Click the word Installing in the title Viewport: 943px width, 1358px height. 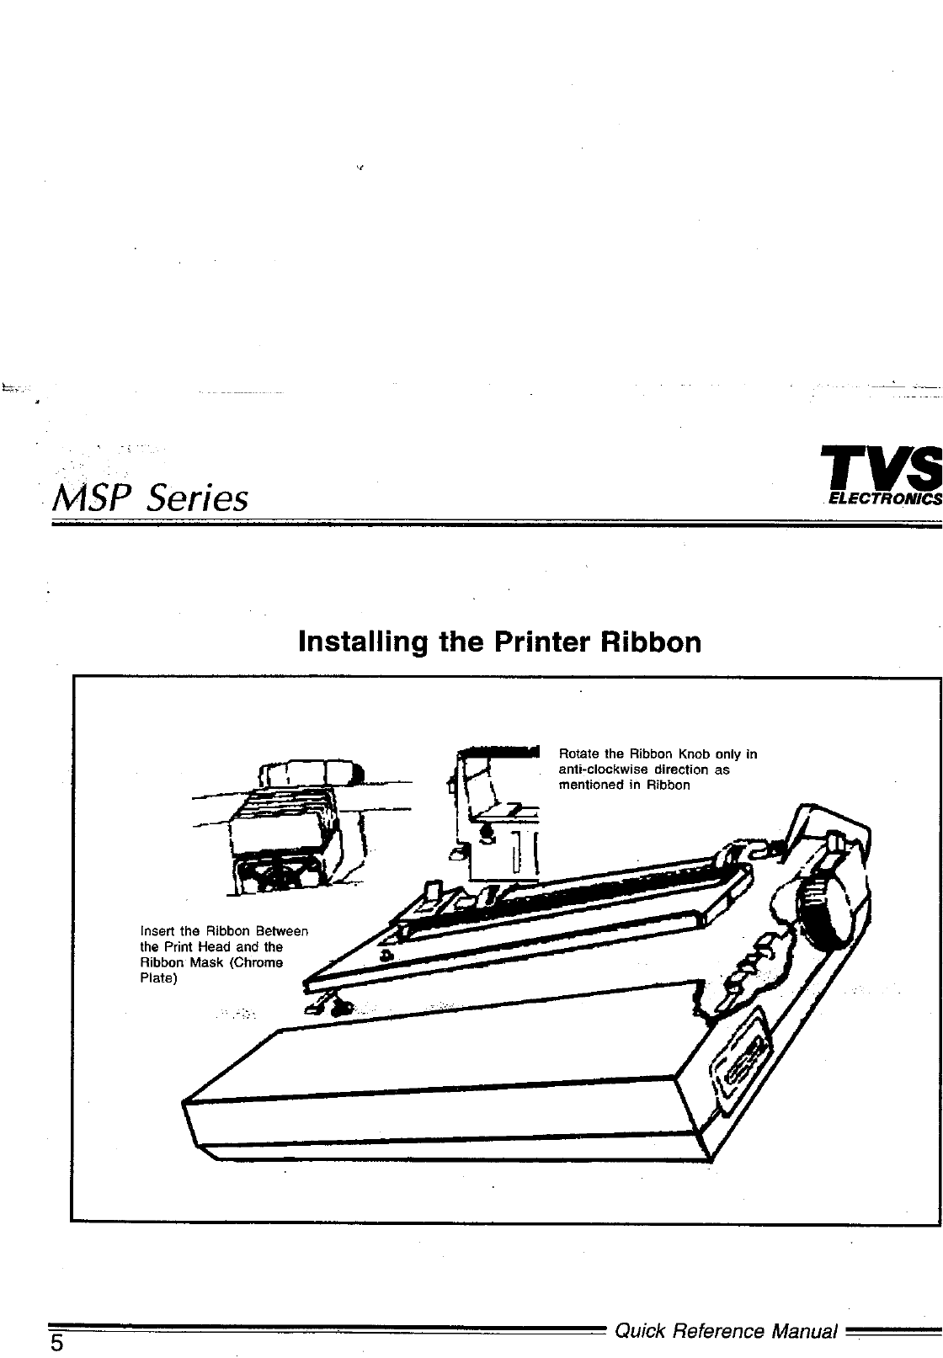point(365,642)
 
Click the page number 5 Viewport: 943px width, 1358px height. point(56,1343)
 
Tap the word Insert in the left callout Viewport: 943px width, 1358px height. point(155,931)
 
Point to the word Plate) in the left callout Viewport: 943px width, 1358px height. point(157,977)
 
